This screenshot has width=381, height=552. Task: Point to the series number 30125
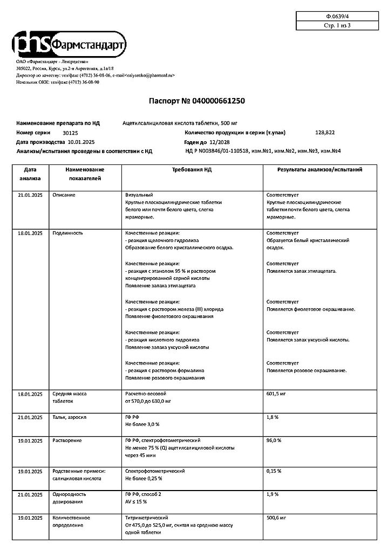click(x=70, y=133)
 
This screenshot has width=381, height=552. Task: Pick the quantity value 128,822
click(x=324, y=132)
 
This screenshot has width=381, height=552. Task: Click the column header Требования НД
click(x=192, y=169)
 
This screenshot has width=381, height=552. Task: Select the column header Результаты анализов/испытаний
click(x=319, y=169)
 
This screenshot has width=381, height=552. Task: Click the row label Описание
click(x=64, y=195)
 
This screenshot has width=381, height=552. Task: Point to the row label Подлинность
click(x=67, y=233)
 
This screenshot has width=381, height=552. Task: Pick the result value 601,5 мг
click(x=276, y=394)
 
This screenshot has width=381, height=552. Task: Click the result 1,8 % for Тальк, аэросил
click(x=272, y=417)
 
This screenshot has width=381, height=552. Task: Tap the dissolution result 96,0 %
click(x=274, y=440)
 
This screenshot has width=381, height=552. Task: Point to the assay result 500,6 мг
click(x=276, y=517)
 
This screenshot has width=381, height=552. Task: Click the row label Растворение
click(x=67, y=440)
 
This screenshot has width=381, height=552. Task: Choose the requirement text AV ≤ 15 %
click(x=139, y=501)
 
